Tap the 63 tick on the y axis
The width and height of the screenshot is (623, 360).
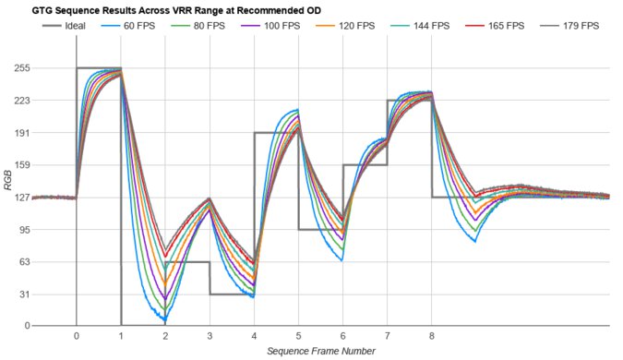click(18, 261)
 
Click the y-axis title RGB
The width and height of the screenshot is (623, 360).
click(7, 197)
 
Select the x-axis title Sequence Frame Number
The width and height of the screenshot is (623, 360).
click(319, 351)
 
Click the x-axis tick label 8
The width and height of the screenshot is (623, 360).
click(431, 336)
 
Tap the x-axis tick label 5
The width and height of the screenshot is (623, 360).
click(298, 336)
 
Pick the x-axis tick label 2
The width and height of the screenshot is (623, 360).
click(164, 336)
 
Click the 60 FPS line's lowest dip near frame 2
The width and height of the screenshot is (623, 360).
click(164, 319)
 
